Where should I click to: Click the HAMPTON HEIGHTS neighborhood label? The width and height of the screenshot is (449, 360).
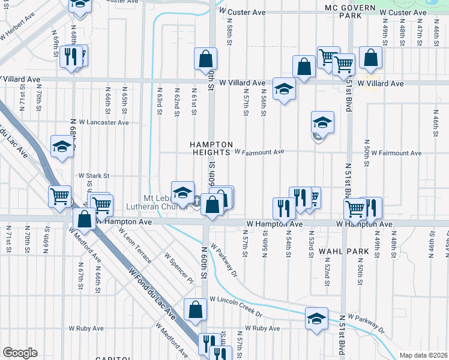tap(211, 149)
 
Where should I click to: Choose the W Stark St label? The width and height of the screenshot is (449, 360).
tap(95, 176)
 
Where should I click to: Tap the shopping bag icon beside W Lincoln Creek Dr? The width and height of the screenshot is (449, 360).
tap(195, 310)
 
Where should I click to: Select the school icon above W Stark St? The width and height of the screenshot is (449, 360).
tap(62, 146)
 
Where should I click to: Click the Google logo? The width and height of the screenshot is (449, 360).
tap(20, 352)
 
